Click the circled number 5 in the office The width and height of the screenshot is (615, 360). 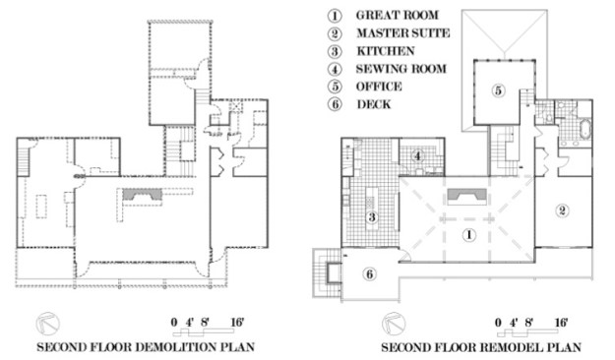498,90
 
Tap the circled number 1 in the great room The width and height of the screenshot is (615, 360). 468,235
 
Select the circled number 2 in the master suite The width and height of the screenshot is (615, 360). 562,210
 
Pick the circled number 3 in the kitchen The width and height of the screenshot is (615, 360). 372,216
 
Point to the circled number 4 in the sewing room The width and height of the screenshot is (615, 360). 418,156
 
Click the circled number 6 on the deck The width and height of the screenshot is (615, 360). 369,274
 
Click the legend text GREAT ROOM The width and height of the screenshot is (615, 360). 397,15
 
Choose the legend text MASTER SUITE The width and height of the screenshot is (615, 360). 403,32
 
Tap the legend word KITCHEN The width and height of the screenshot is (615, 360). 386,51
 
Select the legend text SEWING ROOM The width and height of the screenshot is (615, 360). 401,69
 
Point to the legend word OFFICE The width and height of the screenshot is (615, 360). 379,87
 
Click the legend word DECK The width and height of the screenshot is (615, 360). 374,104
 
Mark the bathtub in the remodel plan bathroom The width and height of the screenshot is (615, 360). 584,130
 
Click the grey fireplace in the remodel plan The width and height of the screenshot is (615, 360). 467,196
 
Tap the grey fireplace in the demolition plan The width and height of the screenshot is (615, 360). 142,195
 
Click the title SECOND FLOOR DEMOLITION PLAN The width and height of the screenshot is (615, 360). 146,347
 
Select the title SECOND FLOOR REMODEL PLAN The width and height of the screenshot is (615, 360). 481,347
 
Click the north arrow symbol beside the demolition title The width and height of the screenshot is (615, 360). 48,324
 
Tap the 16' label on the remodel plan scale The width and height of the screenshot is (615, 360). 561,323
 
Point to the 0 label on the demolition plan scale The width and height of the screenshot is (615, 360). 174,323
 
